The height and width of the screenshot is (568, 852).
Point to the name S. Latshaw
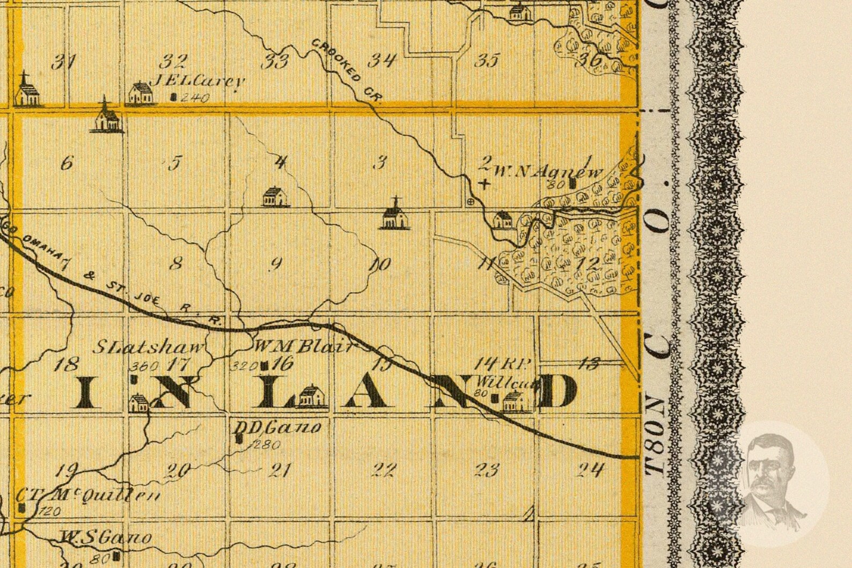[150, 347]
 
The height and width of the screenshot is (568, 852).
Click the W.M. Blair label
[304, 347]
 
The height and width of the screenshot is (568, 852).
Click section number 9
[276, 263]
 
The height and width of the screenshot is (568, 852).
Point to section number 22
[384, 470]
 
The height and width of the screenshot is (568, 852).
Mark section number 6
[67, 163]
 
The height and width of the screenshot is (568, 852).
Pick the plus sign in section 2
[484, 183]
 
